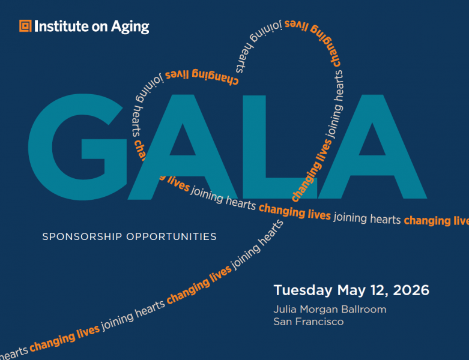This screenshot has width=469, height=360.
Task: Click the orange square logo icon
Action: tap(25, 26)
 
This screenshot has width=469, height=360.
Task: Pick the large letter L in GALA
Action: tap(273, 150)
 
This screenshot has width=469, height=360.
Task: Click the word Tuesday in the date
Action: tap(303, 291)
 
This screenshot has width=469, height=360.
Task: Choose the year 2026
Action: tap(412, 290)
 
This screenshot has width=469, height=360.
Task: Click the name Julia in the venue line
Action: tap(285, 310)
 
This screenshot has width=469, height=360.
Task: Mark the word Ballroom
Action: tap(363, 310)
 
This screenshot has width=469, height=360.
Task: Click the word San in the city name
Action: tap(282, 322)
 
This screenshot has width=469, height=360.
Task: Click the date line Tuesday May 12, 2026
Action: tap(351, 291)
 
